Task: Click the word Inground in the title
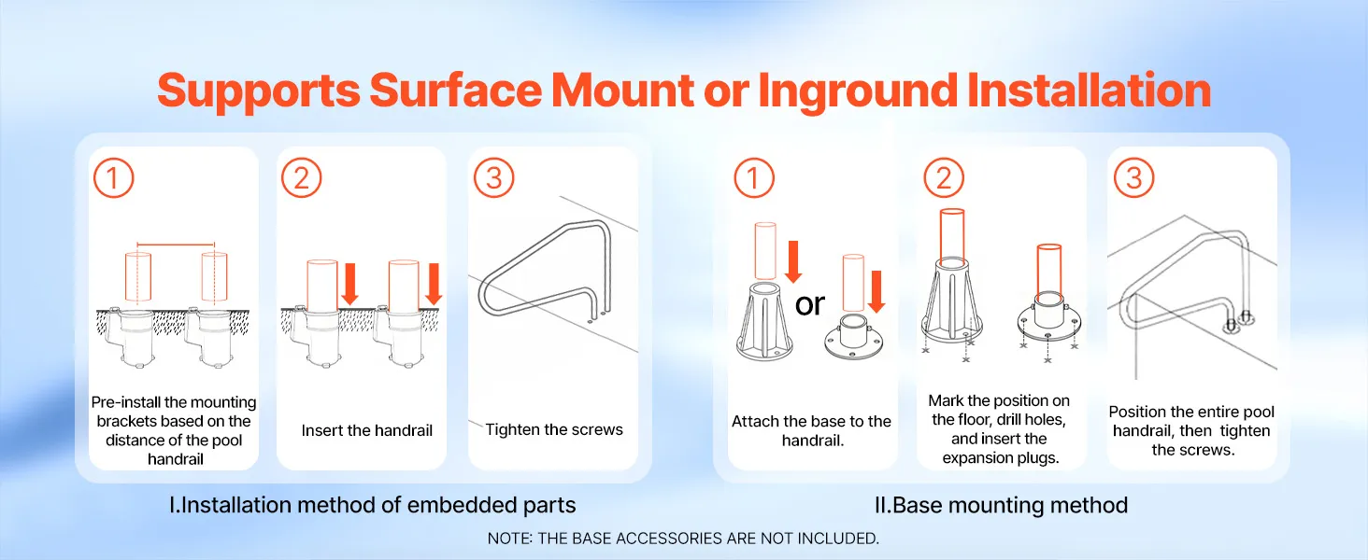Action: pos(858,91)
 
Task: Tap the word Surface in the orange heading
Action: pos(456,91)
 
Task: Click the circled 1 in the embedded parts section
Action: pos(114,178)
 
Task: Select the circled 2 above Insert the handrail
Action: pos(302,178)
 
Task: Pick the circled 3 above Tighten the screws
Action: pos(494,178)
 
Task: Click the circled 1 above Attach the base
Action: pos(754,178)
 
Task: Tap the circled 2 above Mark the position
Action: pos(944,178)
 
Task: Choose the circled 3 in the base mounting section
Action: pos(1134,178)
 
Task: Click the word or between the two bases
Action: pos(810,304)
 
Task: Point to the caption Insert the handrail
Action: pos(367,430)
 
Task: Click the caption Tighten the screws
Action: pos(554,430)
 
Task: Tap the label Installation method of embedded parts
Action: pos(373,505)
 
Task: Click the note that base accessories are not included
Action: pos(683,539)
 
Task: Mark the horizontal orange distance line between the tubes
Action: pos(176,245)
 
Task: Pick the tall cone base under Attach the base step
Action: pos(764,322)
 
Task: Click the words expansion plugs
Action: pos(1001,458)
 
